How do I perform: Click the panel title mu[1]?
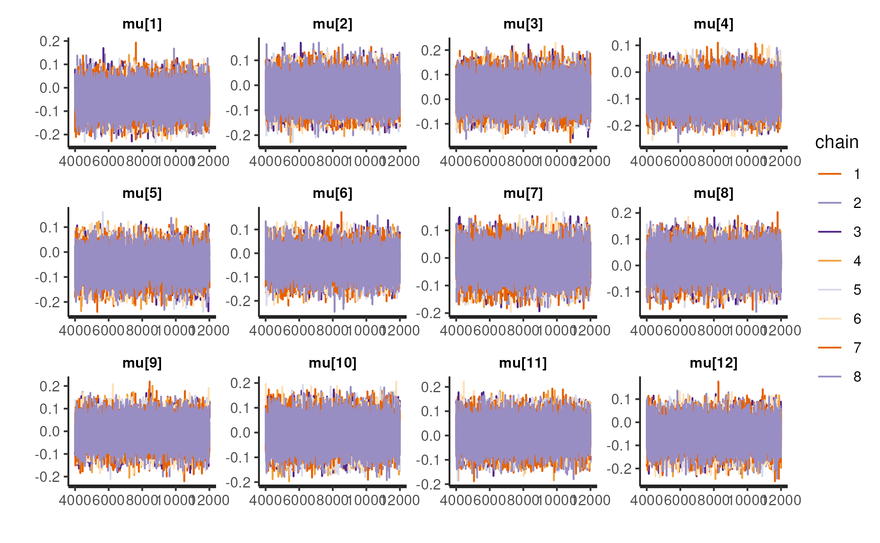(x=142, y=24)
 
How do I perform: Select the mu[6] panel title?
(x=332, y=193)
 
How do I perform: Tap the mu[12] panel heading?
(x=713, y=363)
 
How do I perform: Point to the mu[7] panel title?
(x=523, y=193)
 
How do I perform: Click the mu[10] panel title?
(x=332, y=363)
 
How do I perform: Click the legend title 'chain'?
(x=837, y=142)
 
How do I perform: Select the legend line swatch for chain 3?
(x=829, y=232)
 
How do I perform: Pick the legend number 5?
(x=857, y=290)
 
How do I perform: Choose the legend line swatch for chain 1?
(x=829, y=174)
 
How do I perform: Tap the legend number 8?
(x=857, y=377)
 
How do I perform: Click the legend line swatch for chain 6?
(x=829, y=319)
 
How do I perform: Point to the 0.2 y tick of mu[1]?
(x=49, y=41)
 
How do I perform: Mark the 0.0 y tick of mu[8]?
(x=621, y=265)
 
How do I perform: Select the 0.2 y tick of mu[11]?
(x=431, y=387)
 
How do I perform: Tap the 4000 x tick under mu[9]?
(x=75, y=500)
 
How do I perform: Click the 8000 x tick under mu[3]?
(x=523, y=161)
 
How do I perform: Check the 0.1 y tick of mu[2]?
(x=240, y=61)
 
